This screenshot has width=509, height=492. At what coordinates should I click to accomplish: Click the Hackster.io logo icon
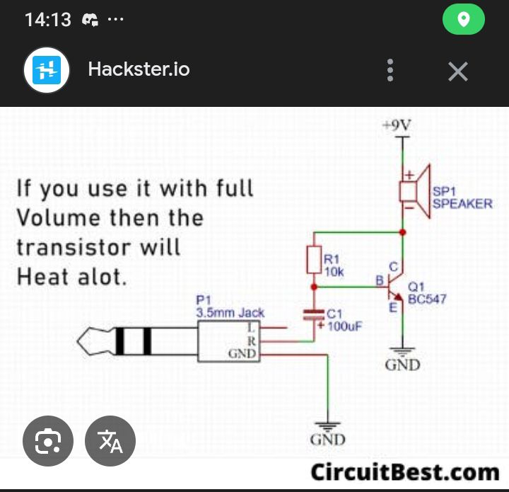(x=47, y=70)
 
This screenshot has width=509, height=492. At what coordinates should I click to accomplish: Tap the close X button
(x=458, y=71)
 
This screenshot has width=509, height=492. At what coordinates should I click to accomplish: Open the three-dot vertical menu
(x=390, y=71)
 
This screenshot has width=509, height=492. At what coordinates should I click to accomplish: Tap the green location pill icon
(x=463, y=20)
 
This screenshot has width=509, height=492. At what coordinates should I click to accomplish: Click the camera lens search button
(x=47, y=441)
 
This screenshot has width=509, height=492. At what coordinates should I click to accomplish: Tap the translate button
(x=110, y=441)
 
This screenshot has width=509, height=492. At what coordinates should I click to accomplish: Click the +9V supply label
(x=396, y=125)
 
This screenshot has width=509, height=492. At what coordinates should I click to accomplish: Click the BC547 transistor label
(x=427, y=299)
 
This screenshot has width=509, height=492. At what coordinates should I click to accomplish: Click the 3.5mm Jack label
(x=230, y=312)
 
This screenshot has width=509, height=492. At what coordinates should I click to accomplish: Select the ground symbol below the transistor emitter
(x=402, y=351)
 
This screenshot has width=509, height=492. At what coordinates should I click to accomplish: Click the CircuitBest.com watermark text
(x=405, y=471)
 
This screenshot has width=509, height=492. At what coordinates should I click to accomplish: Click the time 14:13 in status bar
(x=48, y=20)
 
